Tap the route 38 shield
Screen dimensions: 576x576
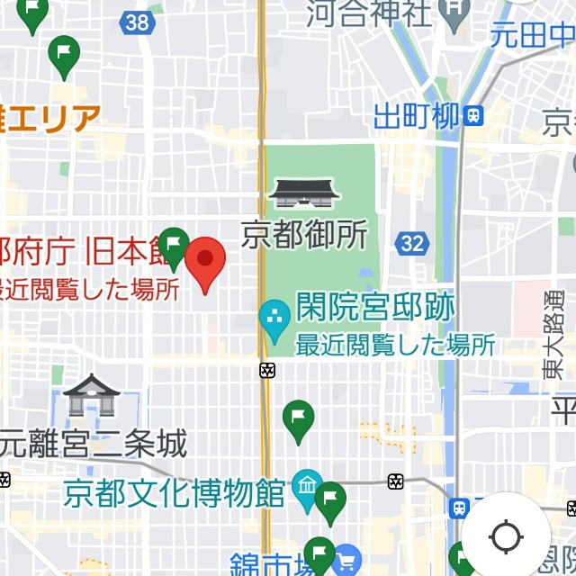(138, 22)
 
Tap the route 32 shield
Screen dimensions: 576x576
(413, 243)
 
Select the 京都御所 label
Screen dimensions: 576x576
(304, 235)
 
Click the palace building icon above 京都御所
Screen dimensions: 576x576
(304, 193)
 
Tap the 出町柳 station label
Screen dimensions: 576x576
(416, 115)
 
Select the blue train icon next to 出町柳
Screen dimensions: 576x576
(473, 114)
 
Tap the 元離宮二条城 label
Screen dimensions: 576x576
(94, 443)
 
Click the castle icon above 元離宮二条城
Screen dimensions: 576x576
(92, 394)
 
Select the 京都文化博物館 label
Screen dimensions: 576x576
(174, 492)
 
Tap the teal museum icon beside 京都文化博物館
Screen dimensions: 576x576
(307, 488)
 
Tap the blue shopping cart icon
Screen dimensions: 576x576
(346, 562)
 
